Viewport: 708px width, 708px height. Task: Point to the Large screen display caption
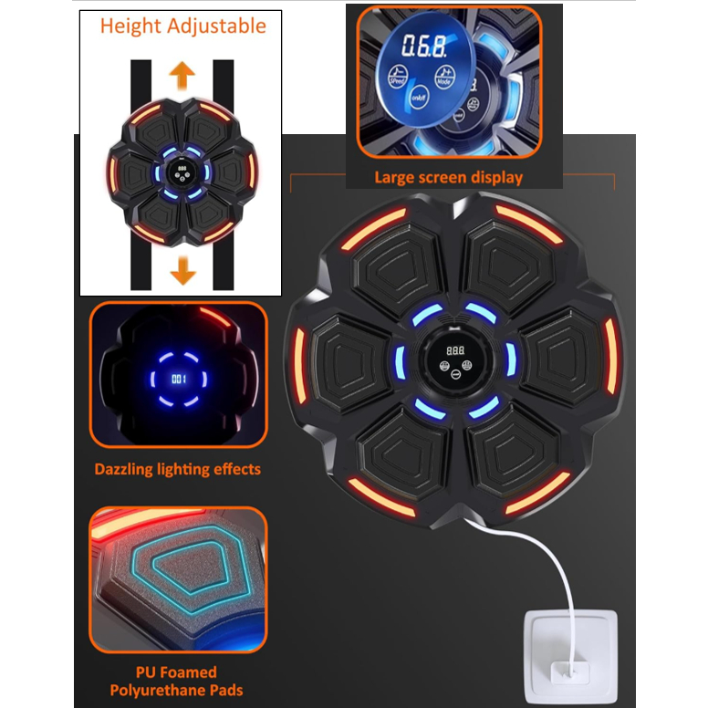click(448, 177)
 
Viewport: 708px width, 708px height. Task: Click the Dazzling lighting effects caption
click(177, 469)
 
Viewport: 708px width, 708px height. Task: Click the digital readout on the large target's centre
click(454, 349)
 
